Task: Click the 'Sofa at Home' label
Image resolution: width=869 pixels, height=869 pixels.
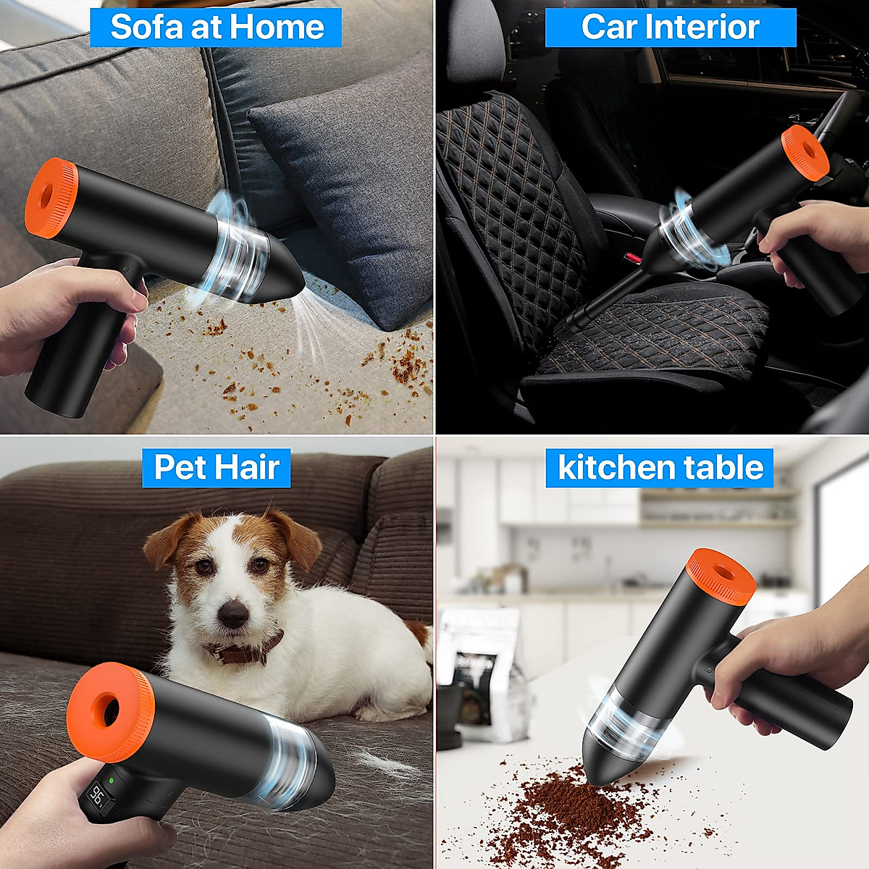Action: pos(217,28)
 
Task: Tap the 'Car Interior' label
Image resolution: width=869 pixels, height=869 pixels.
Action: pos(670,28)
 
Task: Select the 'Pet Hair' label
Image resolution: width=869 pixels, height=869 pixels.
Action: pos(217,467)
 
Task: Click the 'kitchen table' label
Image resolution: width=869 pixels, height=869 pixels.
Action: pos(660,467)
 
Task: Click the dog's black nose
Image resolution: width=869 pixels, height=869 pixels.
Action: pos(232,614)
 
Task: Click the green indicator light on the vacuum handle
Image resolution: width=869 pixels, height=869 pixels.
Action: pos(112,781)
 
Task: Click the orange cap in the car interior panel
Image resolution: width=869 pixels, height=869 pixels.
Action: pos(805,152)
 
